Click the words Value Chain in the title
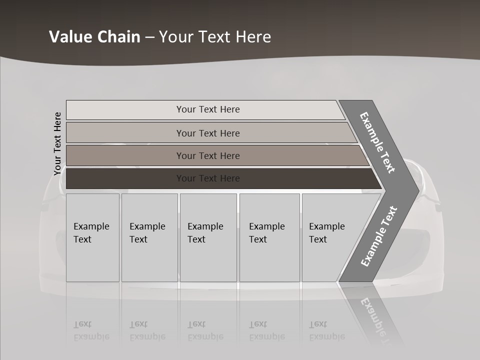[x=94, y=37]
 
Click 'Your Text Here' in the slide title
[x=215, y=37]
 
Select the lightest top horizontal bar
[x=125, y=110]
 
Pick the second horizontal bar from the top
[x=125, y=133]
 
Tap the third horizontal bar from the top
[x=125, y=155]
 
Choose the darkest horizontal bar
[x=125, y=178]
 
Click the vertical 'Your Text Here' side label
[x=57, y=143]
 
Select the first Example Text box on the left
[x=92, y=237]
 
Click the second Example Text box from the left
[x=149, y=237]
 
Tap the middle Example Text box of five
[x=208, y=237]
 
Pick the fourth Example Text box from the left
[x=269, y=237]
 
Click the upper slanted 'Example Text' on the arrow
[x=377, y=142]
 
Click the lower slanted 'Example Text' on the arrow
[x=378, y=236]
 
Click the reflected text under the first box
[x=91, y=330]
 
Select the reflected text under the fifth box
[x=326, y=330]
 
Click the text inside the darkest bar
[x=208, y=178]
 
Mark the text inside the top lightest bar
[x=208, y=109]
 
